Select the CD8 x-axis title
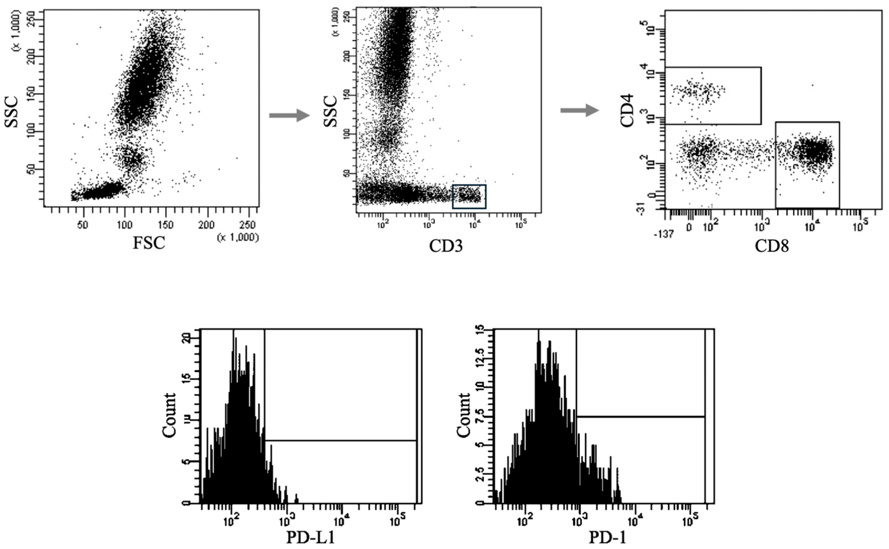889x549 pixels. pos(772,247)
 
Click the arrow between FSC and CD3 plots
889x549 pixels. pos(289,115)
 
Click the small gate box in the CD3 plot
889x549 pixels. pos(469,196)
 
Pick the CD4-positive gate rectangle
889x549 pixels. pos(713,96)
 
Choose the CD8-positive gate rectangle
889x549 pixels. pos(807,165)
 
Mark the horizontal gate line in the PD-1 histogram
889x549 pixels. pos(640,417)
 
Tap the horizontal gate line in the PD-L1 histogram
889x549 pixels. pos(340,441)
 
